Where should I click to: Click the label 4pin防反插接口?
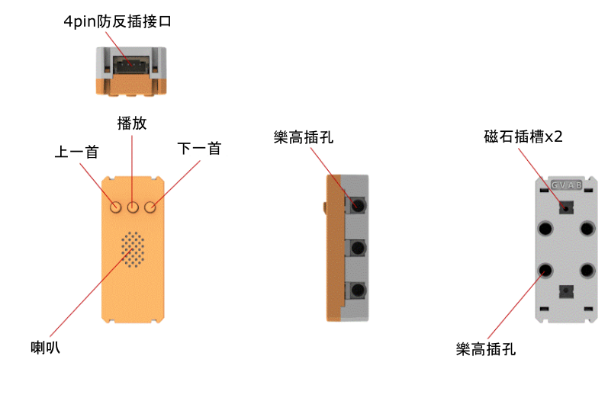tap(117, 21)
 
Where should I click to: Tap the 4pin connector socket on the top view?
tap(131, 65)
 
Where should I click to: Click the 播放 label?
tap(132, 124)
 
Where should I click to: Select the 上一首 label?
tap(76, 152)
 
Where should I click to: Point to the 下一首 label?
tap(199, 149)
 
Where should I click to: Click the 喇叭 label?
tap(45, 347)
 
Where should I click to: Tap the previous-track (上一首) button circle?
tap(115, 207)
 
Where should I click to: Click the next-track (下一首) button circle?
tap(150, 207)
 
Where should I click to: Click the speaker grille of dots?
tap(133, 249)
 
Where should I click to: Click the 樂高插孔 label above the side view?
tap(304, 137)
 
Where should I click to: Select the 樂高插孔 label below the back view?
tap(486, 348)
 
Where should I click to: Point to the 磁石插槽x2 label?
tap(523, 136)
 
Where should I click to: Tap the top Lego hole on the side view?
tap(358, 205)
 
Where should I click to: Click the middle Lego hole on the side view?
tap(358, 248)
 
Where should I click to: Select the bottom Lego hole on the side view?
tap(358, 290)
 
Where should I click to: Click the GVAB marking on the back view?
tap(567, 185)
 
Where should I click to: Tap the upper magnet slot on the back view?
tap(566, 207)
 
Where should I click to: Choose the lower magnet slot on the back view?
tap(566, 291)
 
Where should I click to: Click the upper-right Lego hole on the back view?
tap(587, 228)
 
